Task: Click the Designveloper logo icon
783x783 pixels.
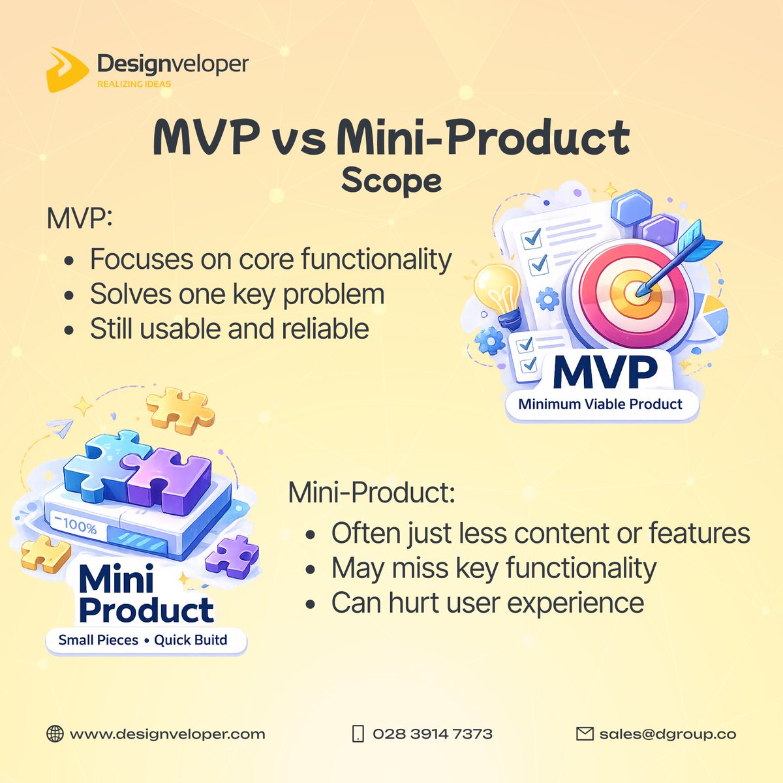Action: point(67,69)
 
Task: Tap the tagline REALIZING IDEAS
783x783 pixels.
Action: point(134,84)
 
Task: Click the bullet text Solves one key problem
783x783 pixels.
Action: point(237,294)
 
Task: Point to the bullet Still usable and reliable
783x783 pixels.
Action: point(229,329)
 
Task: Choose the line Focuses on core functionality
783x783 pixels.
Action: point(270,259)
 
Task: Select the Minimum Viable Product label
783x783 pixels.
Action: point(600,404)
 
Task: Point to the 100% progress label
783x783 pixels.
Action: point(76,525)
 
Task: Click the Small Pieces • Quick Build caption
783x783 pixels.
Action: point(143,640)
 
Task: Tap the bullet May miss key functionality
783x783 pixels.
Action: point(493,568)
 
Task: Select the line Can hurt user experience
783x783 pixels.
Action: point(487,603)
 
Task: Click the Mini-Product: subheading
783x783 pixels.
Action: point(371,493)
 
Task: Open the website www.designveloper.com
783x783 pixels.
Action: point(167,734)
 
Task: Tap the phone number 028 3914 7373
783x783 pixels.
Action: point(432,734)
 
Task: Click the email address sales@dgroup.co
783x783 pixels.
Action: point(668,734)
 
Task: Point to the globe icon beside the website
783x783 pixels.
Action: point(55,734)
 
